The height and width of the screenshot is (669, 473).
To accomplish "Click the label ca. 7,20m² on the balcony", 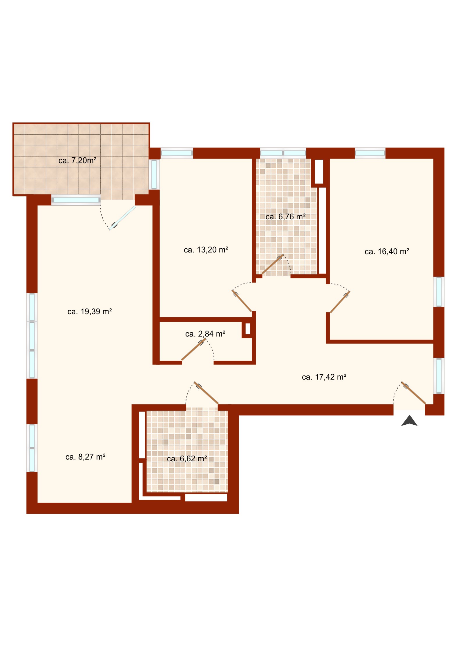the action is coord(77,161).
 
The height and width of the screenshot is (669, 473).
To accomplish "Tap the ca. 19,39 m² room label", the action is coord(90,312).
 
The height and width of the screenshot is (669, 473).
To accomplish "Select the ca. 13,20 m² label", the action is coord(206,250).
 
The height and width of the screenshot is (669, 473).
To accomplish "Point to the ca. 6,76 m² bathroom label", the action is coord(286,217).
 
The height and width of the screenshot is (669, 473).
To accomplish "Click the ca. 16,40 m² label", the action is coord(387,252).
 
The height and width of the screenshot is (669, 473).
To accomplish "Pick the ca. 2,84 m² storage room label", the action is coord(205,334).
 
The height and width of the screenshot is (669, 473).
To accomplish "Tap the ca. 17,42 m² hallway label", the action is coord(324,377).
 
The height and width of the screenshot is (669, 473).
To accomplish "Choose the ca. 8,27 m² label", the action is coord(86,457).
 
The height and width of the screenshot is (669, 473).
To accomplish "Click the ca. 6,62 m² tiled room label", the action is coord(187,459).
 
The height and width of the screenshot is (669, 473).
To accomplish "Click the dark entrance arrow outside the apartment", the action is coord(410,421).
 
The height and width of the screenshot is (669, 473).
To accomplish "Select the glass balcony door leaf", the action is coord(122,218).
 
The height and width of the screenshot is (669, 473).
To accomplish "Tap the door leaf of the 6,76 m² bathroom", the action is coord(273,264).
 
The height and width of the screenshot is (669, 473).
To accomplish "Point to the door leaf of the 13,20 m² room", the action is coord(242,301).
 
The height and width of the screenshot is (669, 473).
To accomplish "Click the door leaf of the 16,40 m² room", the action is coord(340,302).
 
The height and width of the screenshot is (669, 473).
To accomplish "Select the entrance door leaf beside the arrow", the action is coord(413,393).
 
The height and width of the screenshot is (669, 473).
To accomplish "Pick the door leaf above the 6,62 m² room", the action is coord(206,393).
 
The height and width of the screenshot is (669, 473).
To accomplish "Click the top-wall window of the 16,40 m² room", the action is coord(370,153).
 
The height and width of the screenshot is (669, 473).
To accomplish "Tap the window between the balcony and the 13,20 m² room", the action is coord(154,174).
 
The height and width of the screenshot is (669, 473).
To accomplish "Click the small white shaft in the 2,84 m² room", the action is coord(248,329).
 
